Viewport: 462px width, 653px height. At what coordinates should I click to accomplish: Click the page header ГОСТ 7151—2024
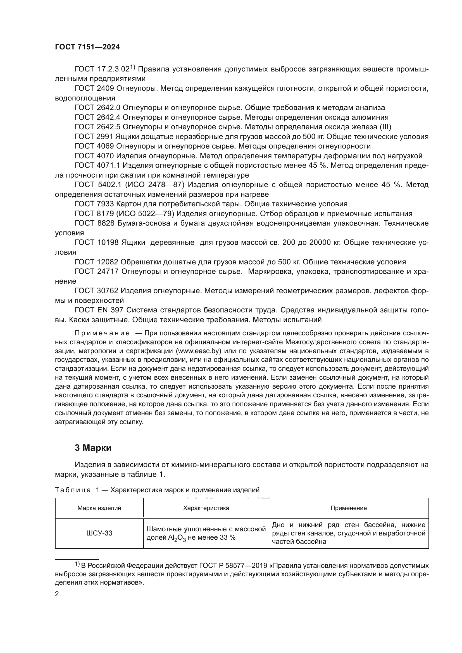pyautogui.click(x=87, y=47)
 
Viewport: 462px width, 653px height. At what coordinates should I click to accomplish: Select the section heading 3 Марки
pyautogui.click(x=93, y=448)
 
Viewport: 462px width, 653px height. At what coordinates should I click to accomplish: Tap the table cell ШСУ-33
pyautogui.click(x=99, y=533)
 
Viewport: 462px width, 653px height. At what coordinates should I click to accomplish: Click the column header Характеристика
pyautogui.click(x=206, y=508)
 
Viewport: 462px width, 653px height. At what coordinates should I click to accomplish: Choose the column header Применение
pyautogui.click(x=349, y=508)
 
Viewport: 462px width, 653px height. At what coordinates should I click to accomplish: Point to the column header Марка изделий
pyautogui.click(x=99, y=508)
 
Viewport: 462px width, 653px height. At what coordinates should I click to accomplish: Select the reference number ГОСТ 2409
pyautogui.click(x=94, y=88)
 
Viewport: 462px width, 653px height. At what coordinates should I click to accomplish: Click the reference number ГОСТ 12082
pyautogui.click(x=96, y=262)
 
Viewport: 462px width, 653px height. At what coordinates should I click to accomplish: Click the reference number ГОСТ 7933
pyautogui.click(x=94, y=204)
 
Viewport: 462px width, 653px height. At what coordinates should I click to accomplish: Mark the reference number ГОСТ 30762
pyautogui.click(x=96, y=291)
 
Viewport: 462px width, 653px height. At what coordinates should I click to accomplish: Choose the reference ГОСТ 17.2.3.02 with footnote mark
pyautogui.click(x=104, y=69)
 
